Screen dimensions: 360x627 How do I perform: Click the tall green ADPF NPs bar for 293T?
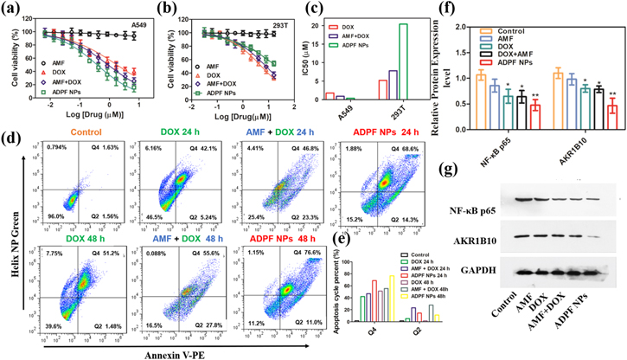[403, 61]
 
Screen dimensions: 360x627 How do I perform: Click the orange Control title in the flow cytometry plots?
[57, 131]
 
